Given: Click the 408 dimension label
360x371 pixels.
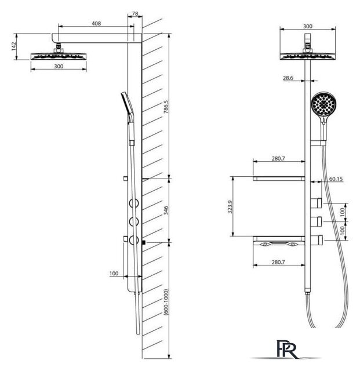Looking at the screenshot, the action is point(96,23).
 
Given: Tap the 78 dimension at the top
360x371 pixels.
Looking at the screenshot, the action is point(135,14).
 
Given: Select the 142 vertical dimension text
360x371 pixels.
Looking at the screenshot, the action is point(13,46).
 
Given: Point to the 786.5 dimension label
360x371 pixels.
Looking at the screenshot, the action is point(166,107).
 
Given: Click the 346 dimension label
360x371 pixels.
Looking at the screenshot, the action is point(166,210).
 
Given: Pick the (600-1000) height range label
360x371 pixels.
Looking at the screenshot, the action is point(166,302).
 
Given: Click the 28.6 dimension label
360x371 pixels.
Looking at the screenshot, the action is point(288,78).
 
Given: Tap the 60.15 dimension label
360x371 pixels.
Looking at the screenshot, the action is point(336,179).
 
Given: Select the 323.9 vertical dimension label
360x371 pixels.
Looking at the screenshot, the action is point(230,207).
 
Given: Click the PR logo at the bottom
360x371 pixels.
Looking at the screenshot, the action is point(288,349).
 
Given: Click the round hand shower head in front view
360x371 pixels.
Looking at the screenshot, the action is point(323,104).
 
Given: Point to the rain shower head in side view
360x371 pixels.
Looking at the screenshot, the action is point(59,56).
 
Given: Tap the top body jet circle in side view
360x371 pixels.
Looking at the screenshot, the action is point(134,203).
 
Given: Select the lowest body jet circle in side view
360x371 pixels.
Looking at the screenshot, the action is point(134,240).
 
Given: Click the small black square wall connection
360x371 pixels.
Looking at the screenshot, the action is point(143,242).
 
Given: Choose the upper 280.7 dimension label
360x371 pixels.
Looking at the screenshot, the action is point(278,158).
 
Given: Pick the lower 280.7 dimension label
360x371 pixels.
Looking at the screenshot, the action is point(278,262).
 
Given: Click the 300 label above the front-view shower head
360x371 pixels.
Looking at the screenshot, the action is point(307,26).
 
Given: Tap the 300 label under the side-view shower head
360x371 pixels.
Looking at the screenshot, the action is point(59,66).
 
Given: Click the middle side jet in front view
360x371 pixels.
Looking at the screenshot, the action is point(316,221).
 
